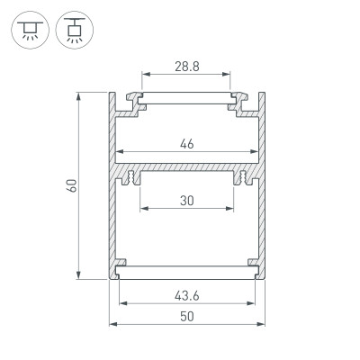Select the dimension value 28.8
[186, 67]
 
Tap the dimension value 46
[186, 142]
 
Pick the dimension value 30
[186, 201]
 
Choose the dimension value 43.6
[186, 294]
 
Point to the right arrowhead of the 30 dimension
[230, 211]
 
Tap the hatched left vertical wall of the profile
[114, 216]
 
